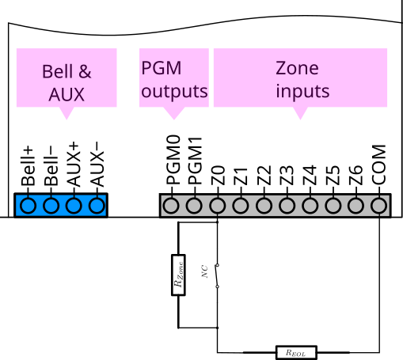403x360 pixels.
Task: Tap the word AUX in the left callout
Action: coord(67,96)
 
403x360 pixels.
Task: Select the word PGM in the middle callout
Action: coord(162,68)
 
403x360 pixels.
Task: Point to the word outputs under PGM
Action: coord(174,91)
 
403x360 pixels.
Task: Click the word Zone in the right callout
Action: coord(297,68)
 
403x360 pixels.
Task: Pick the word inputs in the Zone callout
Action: coord(302,91)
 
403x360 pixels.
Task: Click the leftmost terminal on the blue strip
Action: coord(28,206)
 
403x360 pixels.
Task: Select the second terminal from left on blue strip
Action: coord(51,206)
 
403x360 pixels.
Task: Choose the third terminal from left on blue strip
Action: coord(74,206)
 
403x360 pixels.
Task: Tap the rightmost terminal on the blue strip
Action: coord(97,206)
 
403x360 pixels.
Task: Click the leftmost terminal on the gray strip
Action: coord(170,206)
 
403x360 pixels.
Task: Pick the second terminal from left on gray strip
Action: coord(194,206)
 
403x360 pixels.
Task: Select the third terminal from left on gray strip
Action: coord(217,206)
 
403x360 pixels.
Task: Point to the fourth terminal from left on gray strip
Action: coord(240,206)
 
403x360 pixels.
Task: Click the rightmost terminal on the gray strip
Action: coord(379,206)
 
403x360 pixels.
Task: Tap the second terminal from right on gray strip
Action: coord(356,206)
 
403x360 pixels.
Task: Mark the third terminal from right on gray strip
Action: coord(333,206)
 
